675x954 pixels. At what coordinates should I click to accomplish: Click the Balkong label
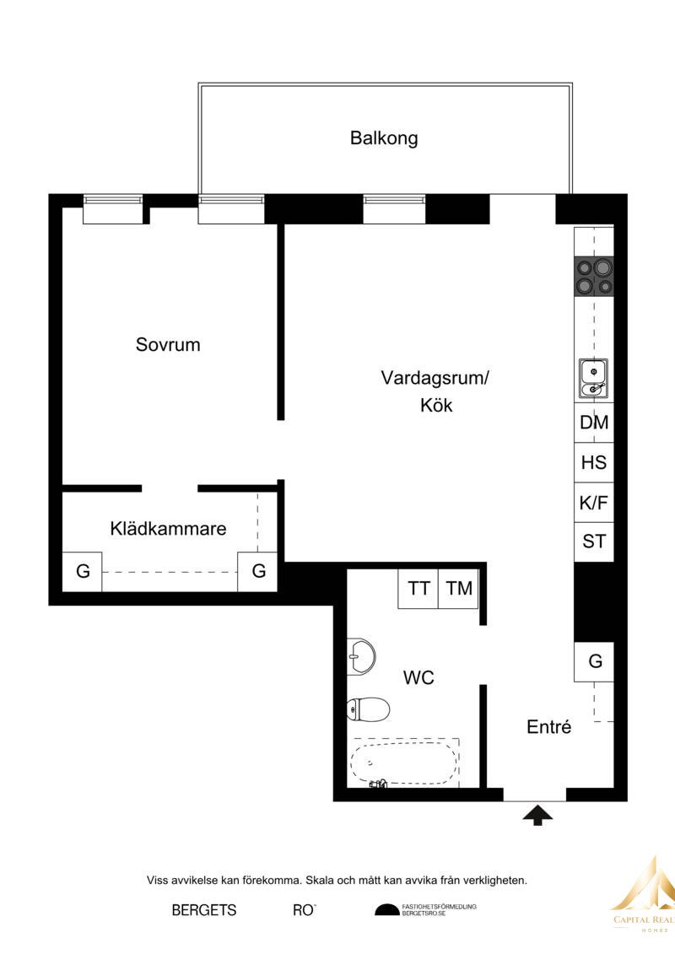click(383, 138)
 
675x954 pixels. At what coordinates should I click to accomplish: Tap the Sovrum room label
click(168, 344)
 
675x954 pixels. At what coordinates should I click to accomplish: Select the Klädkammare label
click(168, 528)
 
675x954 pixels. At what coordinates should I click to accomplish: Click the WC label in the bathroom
click(418, 677)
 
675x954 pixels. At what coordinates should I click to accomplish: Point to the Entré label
click(549, 726)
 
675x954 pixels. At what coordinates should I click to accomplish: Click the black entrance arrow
click(537, 816)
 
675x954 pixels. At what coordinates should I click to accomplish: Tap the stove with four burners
click(594, 277)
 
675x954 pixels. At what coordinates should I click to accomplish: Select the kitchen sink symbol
click(593, 379)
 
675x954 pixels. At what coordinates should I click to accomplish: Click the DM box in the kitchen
click(594, 423)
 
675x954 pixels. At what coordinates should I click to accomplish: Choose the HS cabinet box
click(594, 462)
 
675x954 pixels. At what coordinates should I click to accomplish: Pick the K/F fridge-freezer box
click(594, 503)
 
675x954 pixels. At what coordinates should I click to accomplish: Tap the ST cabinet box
click(594, 542)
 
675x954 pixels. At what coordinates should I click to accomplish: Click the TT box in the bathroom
click(418, 588)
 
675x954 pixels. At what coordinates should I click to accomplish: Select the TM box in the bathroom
click(458, 588)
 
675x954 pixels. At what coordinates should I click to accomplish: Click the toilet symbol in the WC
click(368, 709)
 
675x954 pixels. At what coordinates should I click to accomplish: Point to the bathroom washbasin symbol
click(361, 656)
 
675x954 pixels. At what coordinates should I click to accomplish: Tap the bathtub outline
click(405, 763)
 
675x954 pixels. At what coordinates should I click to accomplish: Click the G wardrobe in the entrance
click(594, 661)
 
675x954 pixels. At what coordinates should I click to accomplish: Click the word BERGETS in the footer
click(204, 910)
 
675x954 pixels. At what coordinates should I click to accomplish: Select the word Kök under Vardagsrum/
click(436, 405)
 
